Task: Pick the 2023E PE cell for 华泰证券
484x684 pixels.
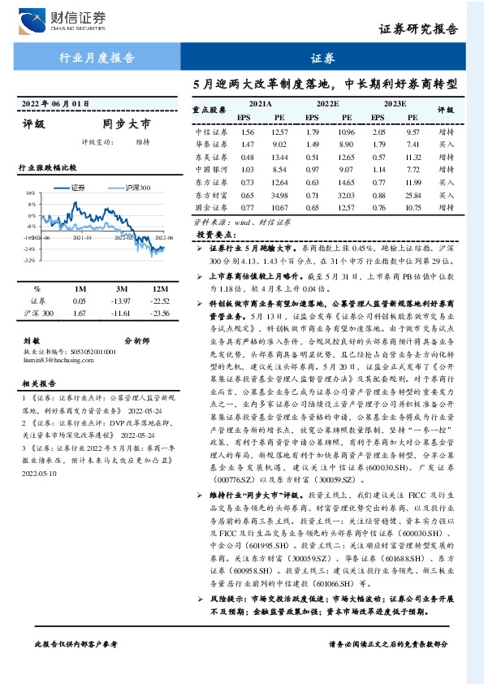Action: (413, 145)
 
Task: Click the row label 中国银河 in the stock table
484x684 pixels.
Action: (210, 170)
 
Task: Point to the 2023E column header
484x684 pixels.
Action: (394, 105)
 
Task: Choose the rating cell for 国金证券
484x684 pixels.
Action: (446, 208)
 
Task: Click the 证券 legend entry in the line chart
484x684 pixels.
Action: (75, 188)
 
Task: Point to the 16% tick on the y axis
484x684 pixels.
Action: (29, 194)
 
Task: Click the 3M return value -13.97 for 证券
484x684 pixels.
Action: (120, 301)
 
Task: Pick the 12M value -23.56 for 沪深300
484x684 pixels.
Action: (160, 313)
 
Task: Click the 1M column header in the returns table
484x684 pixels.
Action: (80, 288)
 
